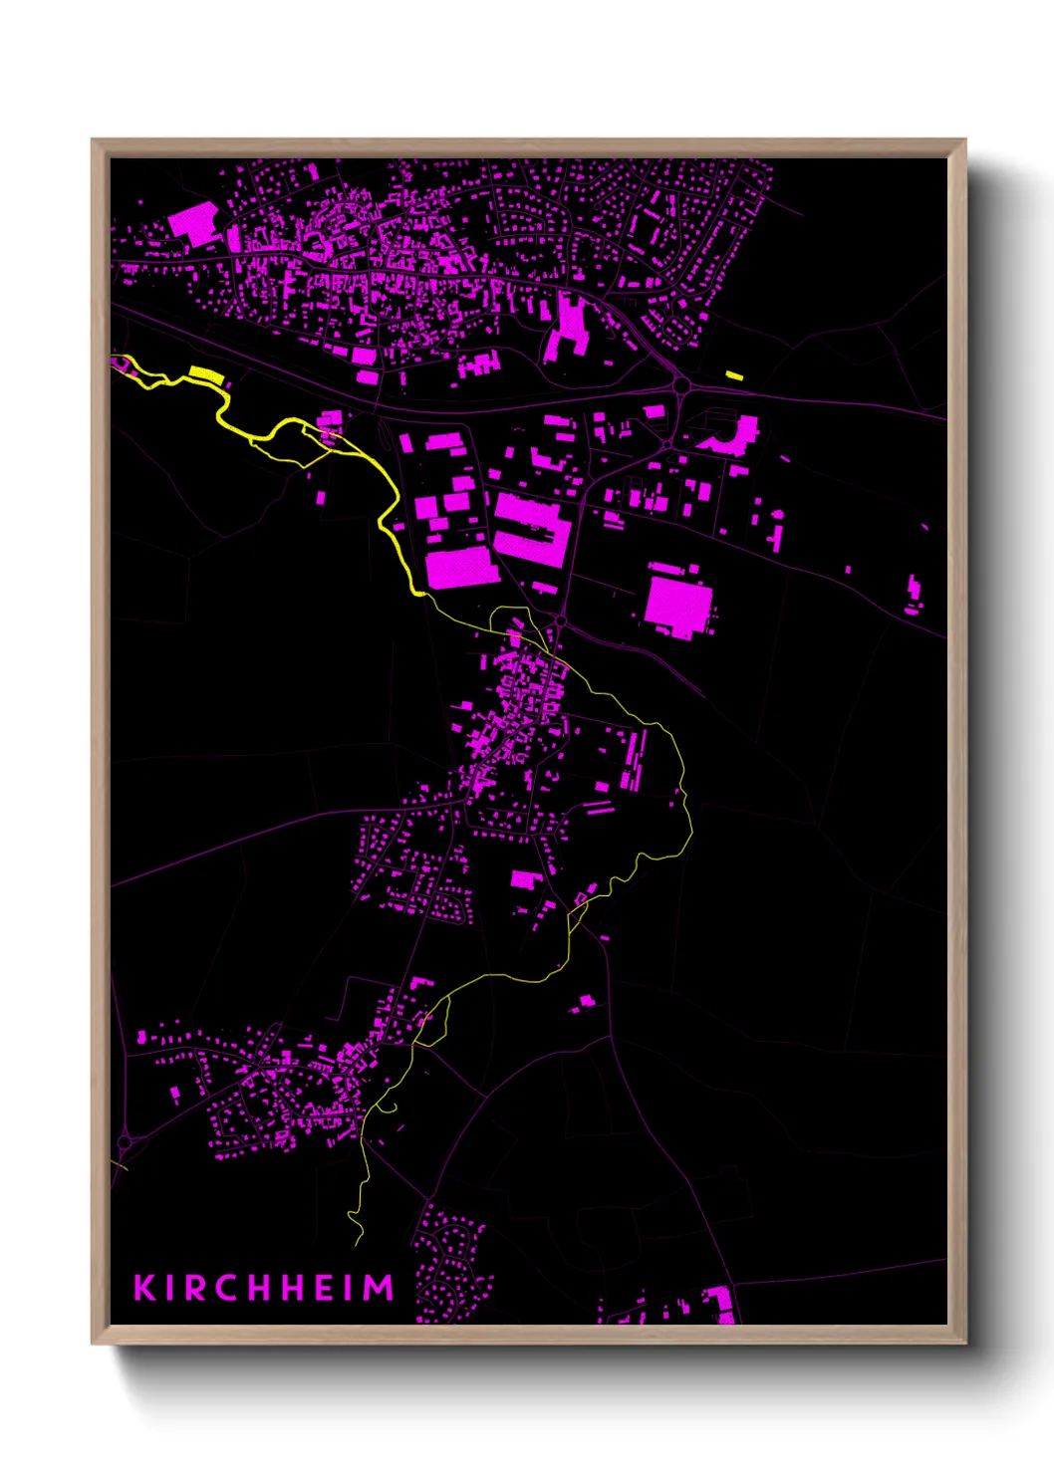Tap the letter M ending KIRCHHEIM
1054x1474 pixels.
pyautogui.click(x=378, y=1287)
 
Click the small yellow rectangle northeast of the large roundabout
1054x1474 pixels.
pyautogui.click(x=734, y=375)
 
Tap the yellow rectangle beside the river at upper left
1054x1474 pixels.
pyautogui.click(x=204, y=373)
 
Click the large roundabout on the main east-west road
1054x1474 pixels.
pyautogui.click(x=682, y=385)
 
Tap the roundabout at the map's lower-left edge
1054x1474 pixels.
pyautogui.click(x=125, y=1141)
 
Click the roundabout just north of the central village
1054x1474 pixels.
pyautogui.click(x=561, y=620)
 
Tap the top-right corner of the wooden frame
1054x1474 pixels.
pyautogui.click(x=964, y=140)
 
